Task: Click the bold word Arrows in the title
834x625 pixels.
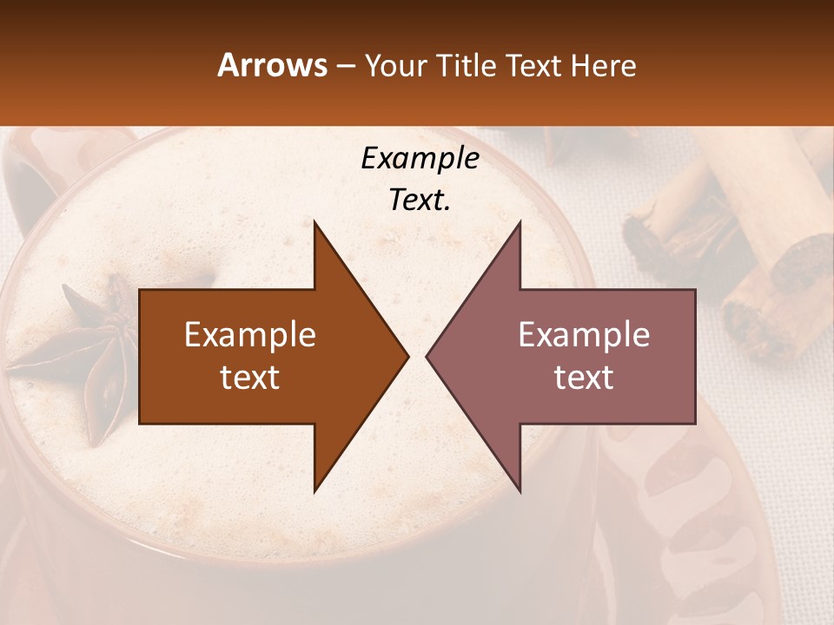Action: pyautogui.click(x=272, y=65)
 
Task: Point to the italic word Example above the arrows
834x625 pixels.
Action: pyautogui.click(x=420, y=159)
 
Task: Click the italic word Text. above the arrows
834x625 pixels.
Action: pyautogui.click(x=420, y=201)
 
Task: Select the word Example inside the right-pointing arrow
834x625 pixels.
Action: pyautogui.click(x=249, y=335)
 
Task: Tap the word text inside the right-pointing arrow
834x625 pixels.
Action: pyautogui.click(x=249, y=378)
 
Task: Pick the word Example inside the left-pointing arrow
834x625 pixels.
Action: pyautogui.click(x=584, y=335)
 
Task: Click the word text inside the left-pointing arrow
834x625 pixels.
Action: pyautogui.click(x=584, y=378)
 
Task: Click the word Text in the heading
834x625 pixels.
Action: pyautogui.click(x=533, y=66)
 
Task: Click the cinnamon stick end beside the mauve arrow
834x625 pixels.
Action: pyautogui.click(x=756, y=312)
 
